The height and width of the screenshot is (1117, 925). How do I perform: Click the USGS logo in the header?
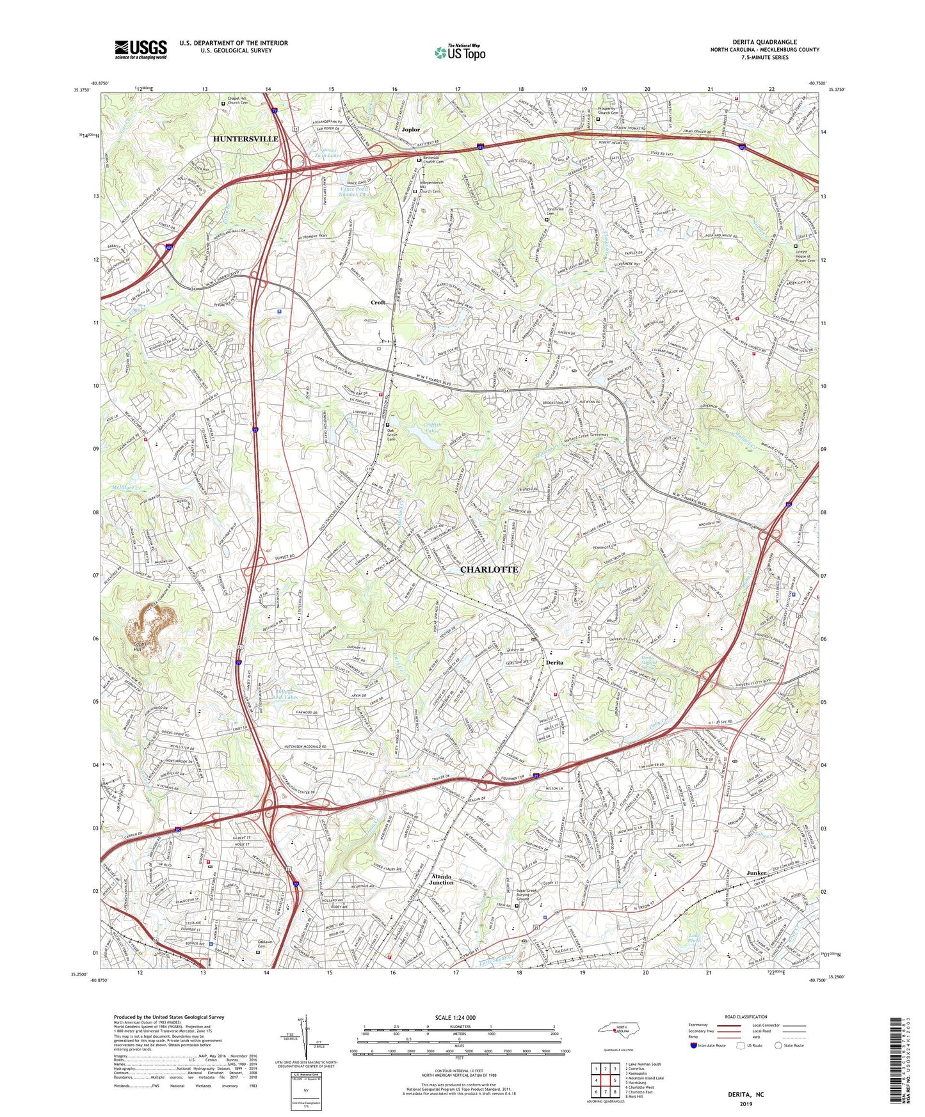point(140,49)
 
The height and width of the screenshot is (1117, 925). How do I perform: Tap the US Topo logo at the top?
point(459,52)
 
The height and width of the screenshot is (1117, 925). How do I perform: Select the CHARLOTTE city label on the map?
point(490,569)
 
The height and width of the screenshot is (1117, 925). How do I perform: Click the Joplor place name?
point(410,130)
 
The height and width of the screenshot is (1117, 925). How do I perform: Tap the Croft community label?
point(378,303)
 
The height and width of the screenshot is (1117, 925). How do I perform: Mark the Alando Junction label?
point(441,880)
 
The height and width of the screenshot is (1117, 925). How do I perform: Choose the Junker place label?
point(756,873)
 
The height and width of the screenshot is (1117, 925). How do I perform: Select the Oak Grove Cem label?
point(399,434)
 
